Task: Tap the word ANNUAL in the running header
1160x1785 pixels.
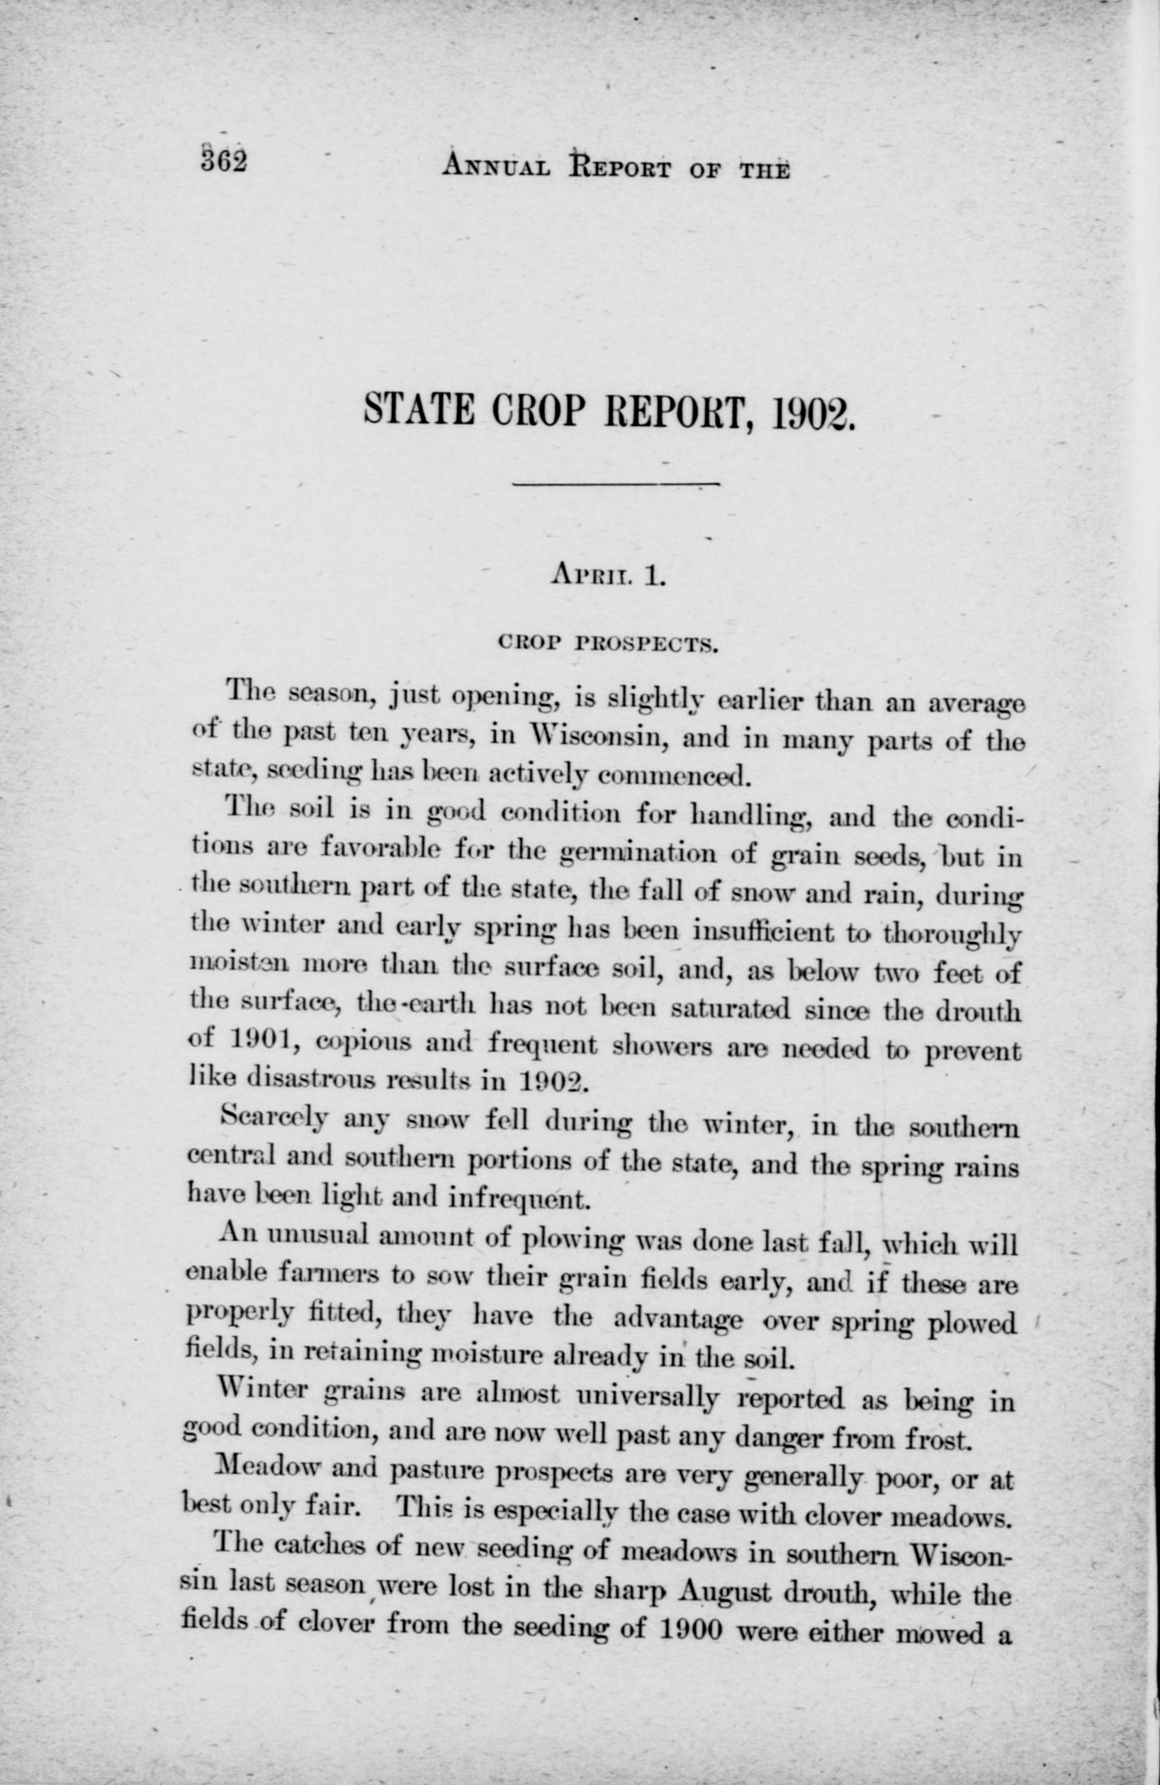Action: (x=496, y=165)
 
